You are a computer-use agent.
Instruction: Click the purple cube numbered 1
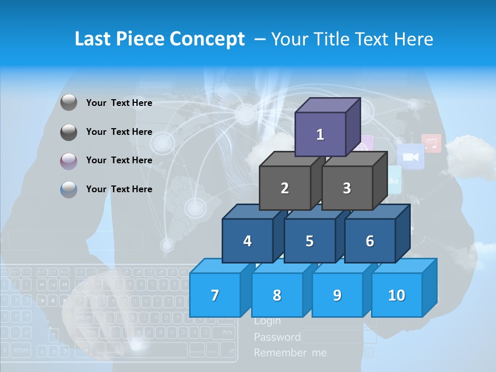320,134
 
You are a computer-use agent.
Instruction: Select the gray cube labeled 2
285,188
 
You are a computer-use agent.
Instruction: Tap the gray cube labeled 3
347,188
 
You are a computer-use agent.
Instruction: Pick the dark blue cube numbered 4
247,241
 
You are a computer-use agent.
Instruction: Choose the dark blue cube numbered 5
309,241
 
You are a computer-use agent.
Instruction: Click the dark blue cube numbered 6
370,241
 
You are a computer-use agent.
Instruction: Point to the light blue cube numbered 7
215,295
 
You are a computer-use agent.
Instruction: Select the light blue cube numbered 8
277,295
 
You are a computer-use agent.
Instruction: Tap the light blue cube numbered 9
337,295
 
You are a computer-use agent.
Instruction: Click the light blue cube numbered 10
396,295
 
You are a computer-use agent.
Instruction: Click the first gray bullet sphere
69,103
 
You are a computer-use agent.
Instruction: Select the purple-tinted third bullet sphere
69,161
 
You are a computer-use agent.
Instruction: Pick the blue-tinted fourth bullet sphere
69,190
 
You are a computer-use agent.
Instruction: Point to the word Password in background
277,337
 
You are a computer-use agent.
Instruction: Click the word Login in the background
268,321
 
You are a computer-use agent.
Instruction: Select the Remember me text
290,353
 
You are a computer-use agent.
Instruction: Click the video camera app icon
411,157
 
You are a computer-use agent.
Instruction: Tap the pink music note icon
431,143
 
